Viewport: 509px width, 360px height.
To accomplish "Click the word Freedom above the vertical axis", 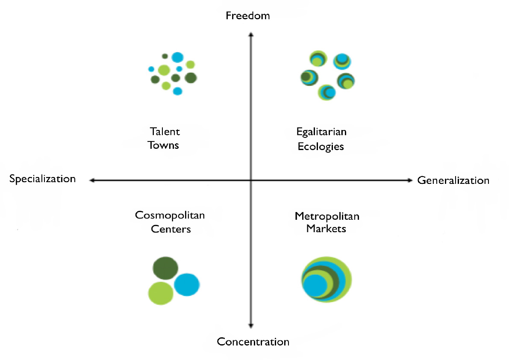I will [248, 16].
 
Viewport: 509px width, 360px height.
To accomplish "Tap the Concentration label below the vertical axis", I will [253, 342].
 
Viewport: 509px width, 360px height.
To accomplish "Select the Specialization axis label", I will [42, 179].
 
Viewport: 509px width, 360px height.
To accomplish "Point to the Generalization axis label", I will [453, 180].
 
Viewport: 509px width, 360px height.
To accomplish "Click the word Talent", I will [165, 132].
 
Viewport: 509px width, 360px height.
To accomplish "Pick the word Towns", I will [163, 145].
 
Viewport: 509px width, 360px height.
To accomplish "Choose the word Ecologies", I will [321, 146].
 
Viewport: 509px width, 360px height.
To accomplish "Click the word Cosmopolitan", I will [170, 215].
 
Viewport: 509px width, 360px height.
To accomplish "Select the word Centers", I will [170, 229].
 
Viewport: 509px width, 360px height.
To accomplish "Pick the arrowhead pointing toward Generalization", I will [411, 180].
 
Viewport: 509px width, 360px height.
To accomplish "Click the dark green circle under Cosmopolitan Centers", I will [165, 269].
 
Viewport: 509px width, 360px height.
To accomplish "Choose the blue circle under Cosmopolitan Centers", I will [187, 284].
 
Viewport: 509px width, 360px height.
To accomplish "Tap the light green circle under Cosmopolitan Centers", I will [160, 293].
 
